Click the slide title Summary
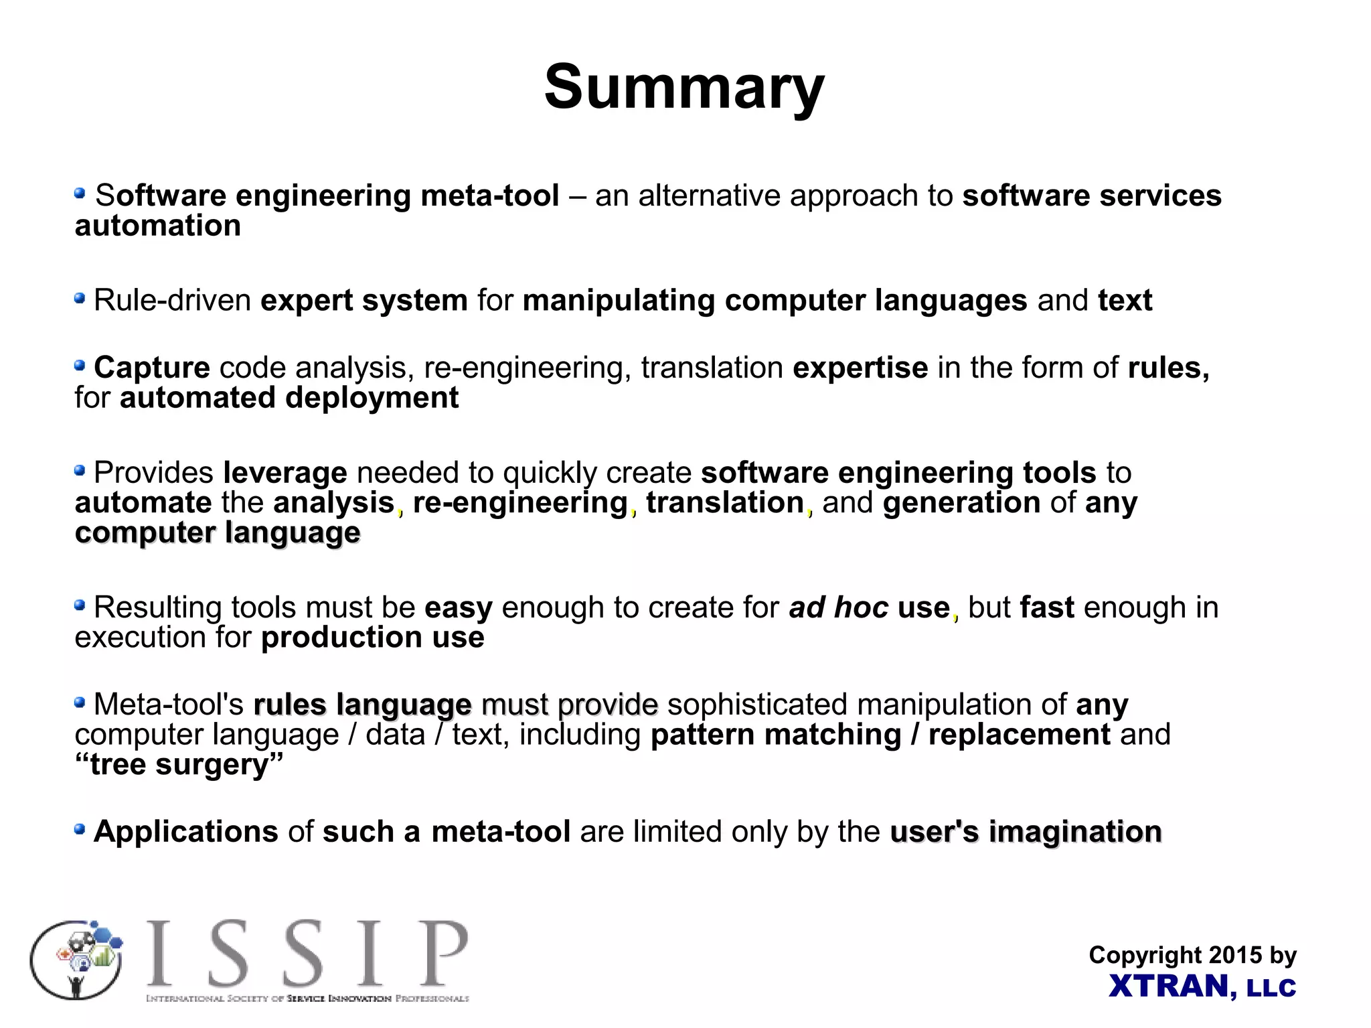(684, 88)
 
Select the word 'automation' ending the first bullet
(157, 226)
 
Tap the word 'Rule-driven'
(173, 300)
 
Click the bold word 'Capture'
(152, 367)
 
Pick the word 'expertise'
(860, 367)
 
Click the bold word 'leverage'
(285, 472)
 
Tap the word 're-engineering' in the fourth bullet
(520, 502)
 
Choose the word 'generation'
(961, 502)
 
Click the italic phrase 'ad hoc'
(838, 607)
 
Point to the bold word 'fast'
(1047, 607)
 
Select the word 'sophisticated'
(757, 704)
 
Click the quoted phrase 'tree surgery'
(179, 764)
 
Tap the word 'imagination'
(1075, 831)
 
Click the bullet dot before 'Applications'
(80, 830)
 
